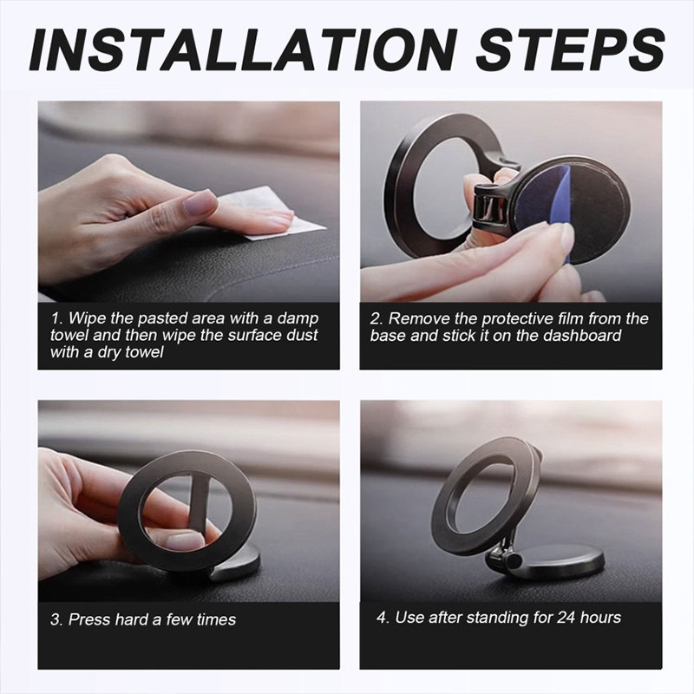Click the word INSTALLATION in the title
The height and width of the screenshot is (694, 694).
243,50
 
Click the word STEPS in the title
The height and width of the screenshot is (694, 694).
570,50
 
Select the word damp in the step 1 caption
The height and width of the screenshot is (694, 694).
298,318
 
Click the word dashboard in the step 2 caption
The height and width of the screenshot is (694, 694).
582,336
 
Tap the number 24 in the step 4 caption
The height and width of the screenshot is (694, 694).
566,618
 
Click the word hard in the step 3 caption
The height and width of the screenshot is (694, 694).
132,619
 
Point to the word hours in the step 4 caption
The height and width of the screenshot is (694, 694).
600,618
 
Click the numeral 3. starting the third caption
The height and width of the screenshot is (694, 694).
56,619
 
